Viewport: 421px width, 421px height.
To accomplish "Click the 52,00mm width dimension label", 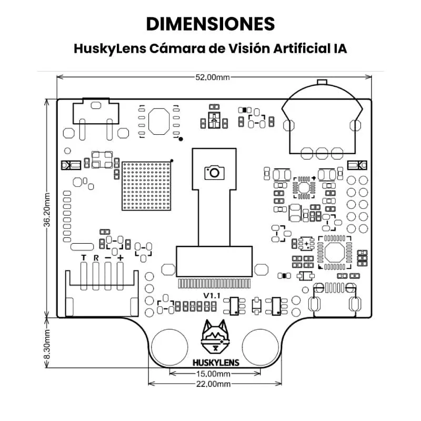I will (213, 77).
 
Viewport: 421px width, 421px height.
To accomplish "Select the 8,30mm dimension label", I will (47, 345).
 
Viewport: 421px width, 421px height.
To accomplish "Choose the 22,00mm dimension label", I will (213, 384).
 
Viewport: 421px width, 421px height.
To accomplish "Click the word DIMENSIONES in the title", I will (210, 24).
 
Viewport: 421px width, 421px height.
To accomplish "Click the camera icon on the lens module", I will (214, 172).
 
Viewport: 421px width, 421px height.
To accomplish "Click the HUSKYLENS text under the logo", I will (216, 362).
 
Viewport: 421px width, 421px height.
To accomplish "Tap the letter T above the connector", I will (84, 257).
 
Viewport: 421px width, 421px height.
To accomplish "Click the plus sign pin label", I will (121, 257).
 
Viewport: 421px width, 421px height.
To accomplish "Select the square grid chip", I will (147, 186).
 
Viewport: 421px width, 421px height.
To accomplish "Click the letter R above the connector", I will (96, 257).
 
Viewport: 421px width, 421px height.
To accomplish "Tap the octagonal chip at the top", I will (158, 121).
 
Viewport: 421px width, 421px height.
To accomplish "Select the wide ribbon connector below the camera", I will (215, 262).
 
